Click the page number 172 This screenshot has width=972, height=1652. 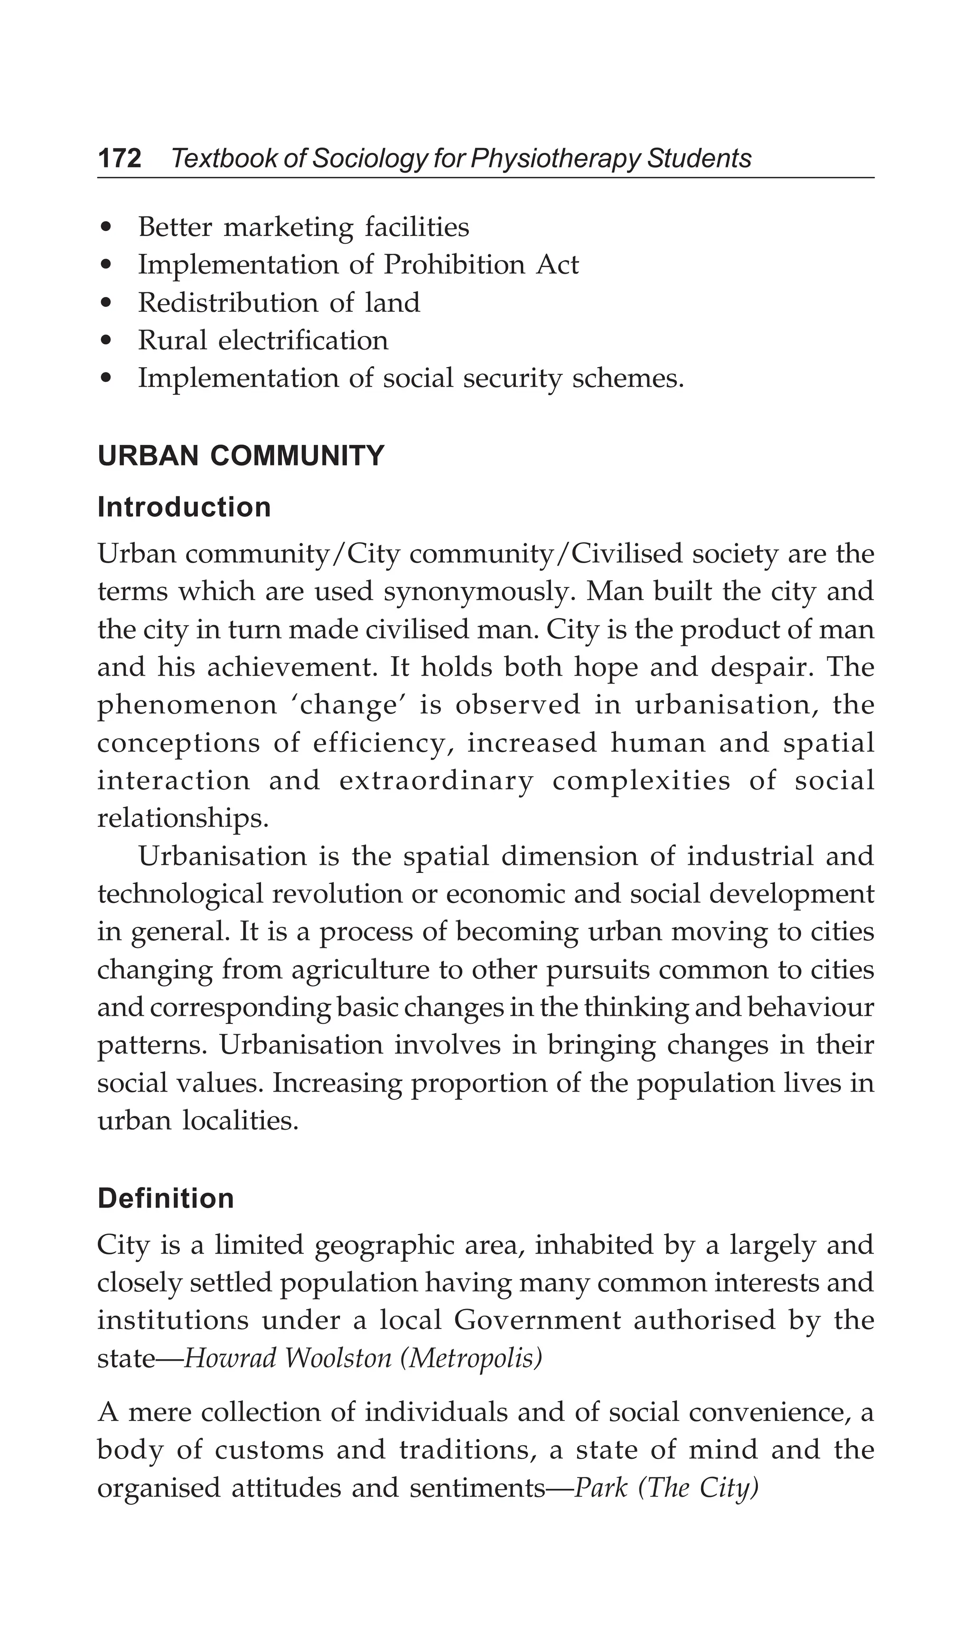pyautogui.click(x=120, y=158)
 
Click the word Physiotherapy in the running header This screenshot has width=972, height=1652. pyautogui.click(x=556, y=158)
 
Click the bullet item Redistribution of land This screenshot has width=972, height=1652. pyautogui.click(x=279, y=303)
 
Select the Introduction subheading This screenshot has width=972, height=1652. pyautogui.click(x=184, y=507)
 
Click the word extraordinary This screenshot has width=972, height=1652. pyautogui.click(x=436, y=781)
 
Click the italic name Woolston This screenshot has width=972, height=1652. pyautogui.click(x=338, y=1358)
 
